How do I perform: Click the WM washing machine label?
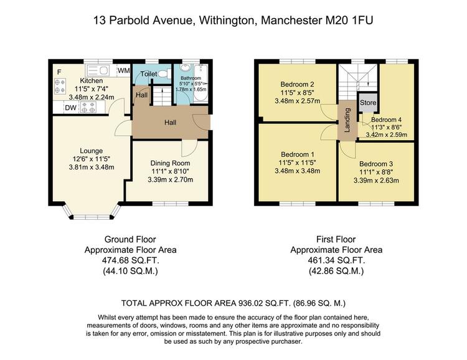[x=124, y=70]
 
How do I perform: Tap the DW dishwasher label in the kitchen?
[x=70, y=108]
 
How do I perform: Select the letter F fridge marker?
[x=59, y=72]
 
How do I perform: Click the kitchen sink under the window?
[x=97, y=71]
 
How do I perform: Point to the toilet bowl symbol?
[x=163, y=73]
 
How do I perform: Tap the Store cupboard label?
[x=368, y=103]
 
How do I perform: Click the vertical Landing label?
[x=347, y=120]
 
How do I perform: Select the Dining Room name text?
[x=170, y=163]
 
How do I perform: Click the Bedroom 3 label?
[x=376, y=164]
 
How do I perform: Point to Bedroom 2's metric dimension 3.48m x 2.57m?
[x=297, y=101]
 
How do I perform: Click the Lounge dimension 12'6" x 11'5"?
[x=92, y=159]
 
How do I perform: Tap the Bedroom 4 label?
[x=386, y=120]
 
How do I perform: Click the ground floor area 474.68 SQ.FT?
[x=131, y=260]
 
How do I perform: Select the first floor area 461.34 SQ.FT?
[x=336, y=260]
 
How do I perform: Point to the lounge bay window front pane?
[x=92, y=217]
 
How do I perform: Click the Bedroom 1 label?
[x=297, y=154]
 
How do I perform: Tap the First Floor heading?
[x=336, y=239]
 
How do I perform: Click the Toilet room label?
[x=149, y=73]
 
